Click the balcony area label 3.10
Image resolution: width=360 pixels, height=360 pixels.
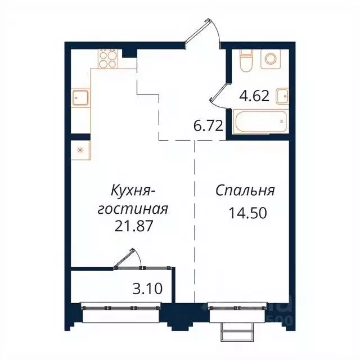pos(148,290)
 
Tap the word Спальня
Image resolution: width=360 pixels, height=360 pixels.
pos(245,191)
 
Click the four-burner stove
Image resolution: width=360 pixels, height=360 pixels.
pos(108,58)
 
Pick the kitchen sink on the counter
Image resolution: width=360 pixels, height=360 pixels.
pos(80,98)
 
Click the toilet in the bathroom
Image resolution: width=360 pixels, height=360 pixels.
pos(246,60)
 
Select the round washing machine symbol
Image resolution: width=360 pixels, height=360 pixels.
pos(271,58)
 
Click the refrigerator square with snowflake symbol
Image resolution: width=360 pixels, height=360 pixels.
pos(79,150)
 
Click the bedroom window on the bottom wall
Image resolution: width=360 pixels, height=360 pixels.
pos(236,308)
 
